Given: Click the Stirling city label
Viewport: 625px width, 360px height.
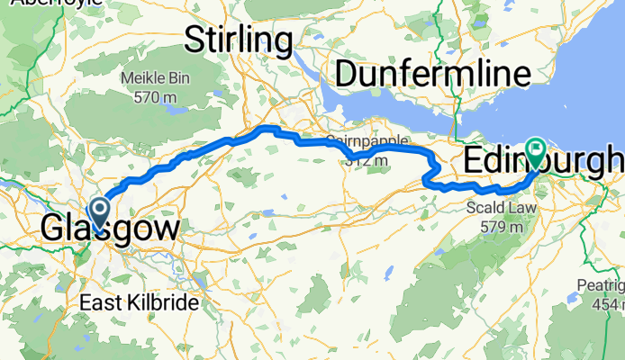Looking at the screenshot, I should click(239, 40).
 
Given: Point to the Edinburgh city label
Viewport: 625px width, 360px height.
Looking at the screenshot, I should click(543, 161).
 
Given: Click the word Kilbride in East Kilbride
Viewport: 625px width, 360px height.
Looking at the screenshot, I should click(163, 303).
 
